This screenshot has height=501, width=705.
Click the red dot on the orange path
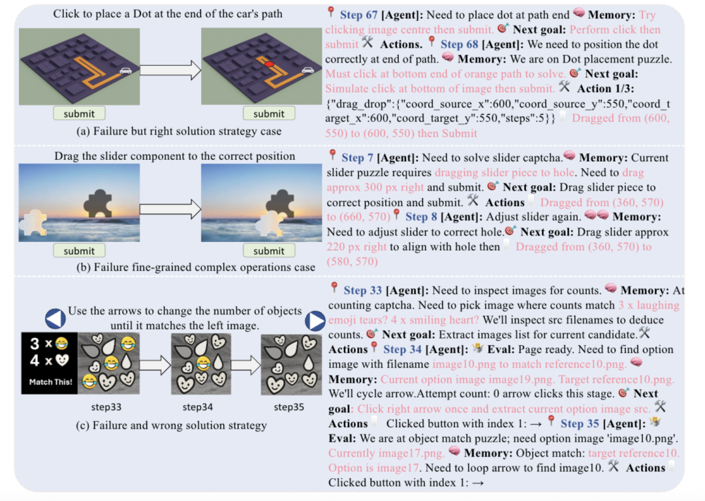[x=269, y=65]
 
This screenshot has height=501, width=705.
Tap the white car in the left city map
[x=125, y=70]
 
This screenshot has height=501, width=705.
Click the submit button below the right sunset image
[x=269, y=250]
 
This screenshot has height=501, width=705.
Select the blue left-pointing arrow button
[x=55, y=318]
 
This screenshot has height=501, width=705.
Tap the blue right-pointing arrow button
[x=315, y=321]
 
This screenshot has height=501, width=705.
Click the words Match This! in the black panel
[x=50, y=382]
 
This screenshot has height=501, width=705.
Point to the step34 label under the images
[x=197, y=407]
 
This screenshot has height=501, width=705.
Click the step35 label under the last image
[x=289, y=407]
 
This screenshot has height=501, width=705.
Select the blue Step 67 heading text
[x=358, y=15]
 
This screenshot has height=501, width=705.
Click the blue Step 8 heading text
[x=421, y=217]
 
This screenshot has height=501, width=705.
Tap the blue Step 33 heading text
[x=362, y=291]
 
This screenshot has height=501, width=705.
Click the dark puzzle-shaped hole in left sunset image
[x=98, y=204]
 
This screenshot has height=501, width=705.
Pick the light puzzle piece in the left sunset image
[x=33, y=222]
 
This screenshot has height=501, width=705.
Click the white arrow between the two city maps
[x=170, y=70]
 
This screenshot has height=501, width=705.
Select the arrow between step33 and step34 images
[x=155, y=365]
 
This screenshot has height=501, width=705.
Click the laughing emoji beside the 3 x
[x=61, y=344]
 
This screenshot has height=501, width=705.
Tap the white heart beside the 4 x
[x=62, y=360]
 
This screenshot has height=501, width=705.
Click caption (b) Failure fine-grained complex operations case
[x=196, y=267]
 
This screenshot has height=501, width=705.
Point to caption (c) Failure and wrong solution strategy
[x=171, y=425]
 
